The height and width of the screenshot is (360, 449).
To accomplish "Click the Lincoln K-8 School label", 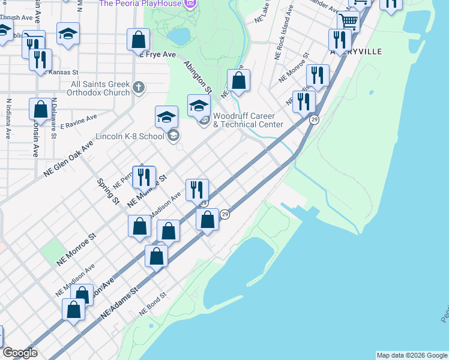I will pyautogui.click(x=130, y=136).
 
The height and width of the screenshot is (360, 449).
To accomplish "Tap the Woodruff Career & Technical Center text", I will pyautogui.click(x=248, y=120).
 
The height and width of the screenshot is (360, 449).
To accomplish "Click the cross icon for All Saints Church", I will pyautogui.click(x=139, y=88).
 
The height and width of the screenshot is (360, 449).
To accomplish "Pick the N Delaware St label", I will pyautogui.click(x=53, y=118).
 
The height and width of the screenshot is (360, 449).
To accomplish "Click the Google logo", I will pyautogui.click(x=20, y=353).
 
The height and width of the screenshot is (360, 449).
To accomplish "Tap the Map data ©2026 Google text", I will pyautogui.click(x=412, y=355).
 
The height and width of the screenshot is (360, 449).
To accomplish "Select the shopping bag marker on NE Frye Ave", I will pyautogui.click(x=138, y=40).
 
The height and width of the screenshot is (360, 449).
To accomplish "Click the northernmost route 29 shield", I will pyautogui.click(x=314, y=121).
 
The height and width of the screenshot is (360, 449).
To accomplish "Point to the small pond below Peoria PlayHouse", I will pyautogui.click(x=178, y=37).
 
